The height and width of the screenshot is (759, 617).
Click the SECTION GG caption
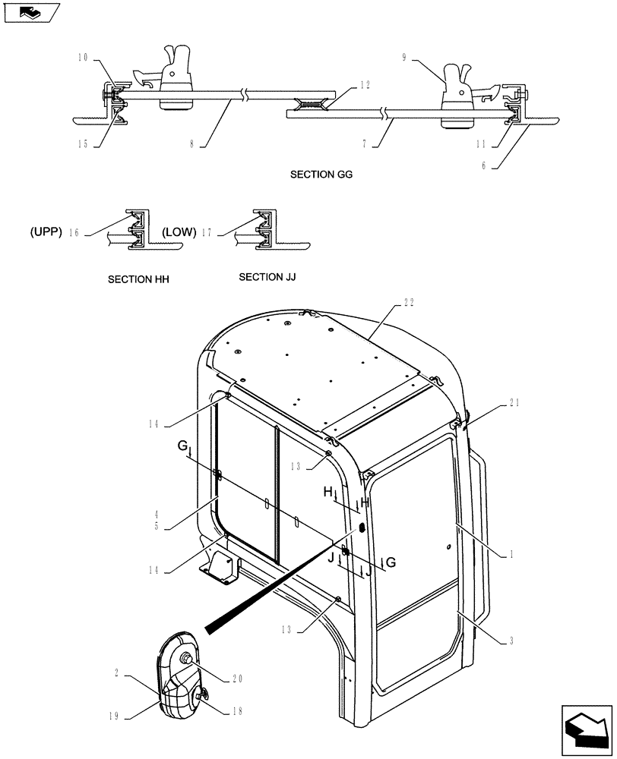pos(321,175)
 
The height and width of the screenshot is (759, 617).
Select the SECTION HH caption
pos(138,279)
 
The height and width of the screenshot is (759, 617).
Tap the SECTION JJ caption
pos(267,278)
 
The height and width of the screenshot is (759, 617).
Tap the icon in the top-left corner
pos(31,12)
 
